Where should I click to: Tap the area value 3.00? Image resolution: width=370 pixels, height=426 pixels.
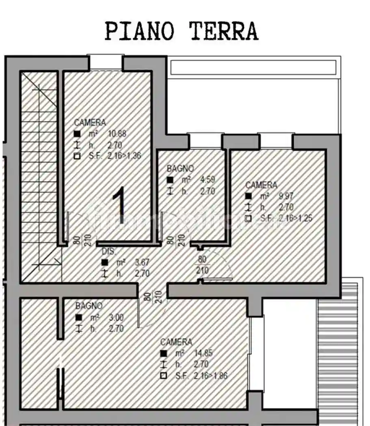[x=116, y=318]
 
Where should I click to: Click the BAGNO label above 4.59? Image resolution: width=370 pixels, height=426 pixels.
[x=180, y=168]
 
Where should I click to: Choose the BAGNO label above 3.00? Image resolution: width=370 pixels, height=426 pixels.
[x=89, y=306]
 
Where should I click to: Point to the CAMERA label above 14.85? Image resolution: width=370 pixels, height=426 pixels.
[x=176, y=342]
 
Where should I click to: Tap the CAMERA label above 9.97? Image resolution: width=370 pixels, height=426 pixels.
[x=261, y=185]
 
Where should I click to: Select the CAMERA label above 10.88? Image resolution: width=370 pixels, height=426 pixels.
[x=90, y=123]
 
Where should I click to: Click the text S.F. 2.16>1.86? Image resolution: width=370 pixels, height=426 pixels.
[x=201, y=376]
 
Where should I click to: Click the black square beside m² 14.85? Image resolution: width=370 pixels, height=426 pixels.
[x=163, y=353]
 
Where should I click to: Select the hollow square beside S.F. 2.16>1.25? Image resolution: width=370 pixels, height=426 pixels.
[x=248, y=219]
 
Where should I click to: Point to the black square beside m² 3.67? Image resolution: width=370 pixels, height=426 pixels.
[x=105, y=262]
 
